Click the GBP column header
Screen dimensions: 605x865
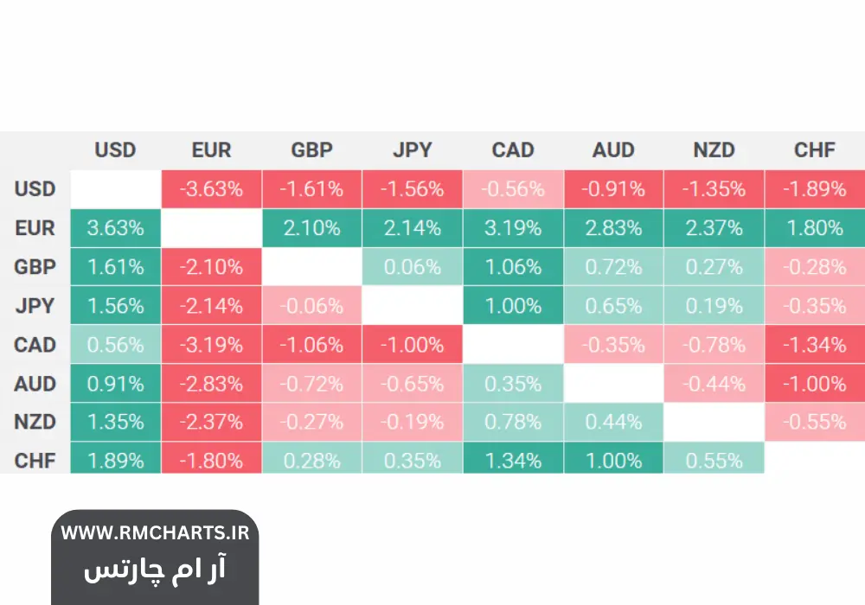click(311, 150)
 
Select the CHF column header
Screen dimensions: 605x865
click(814, 150)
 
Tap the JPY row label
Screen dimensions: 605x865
click(35, 306)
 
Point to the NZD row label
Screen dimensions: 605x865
click(35, 422)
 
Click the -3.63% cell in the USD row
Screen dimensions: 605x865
click(211, 188)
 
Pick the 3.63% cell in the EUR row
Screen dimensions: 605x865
click(115, 228)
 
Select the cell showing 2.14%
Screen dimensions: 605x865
click(412, 228)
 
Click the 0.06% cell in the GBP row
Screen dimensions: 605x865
click(412, 267)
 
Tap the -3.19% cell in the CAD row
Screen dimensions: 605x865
click(211, 345)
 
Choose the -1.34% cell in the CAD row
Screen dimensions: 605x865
click(814, 345)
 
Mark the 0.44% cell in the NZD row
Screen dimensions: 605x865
click(613, 422)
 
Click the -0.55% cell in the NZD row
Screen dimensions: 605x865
click(814, 422)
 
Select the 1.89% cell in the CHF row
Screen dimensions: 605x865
click(115, 461)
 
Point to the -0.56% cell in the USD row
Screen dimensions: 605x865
click(513, 188)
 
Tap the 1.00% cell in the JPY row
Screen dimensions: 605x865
click(513, 306)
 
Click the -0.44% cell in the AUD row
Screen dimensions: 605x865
click(714, 384)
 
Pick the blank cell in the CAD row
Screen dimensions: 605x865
click(513, 345)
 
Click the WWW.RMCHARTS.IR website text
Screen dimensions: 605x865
click(155, 532)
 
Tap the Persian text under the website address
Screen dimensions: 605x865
click(155, 570)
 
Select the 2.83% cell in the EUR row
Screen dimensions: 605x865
click(613, 228)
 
